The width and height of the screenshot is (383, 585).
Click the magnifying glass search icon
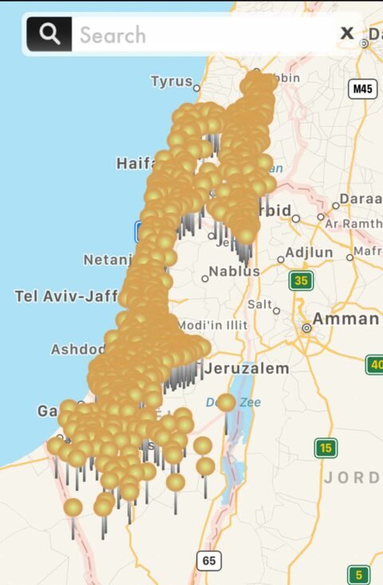(x=49, y=34)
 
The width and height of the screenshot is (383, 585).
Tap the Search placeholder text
(x=113, y=35)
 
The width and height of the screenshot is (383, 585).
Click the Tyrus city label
(x=172, y=81)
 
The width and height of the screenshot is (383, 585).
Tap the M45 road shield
(x=363, y=88)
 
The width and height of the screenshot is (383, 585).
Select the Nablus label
(x=235, y=272)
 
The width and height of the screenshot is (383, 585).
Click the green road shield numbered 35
(x=301, y=281)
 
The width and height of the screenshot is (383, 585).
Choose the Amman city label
(x=345, y=319)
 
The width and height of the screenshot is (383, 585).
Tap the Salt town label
(x=259, y=304)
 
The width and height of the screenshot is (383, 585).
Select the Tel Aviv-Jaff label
(x=66, y=296)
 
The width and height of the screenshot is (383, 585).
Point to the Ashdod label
(x=77, y=349)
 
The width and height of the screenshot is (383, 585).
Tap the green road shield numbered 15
(x=325, y=448)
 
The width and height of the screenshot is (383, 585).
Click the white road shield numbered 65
(x=208, y=561)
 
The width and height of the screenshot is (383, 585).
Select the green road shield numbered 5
(x=359, y=575)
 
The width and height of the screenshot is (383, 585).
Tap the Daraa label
(x=360, y=198)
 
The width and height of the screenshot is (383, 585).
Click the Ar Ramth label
(x=353, y=224)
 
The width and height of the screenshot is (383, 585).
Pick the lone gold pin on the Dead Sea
(x=227, y=402)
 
